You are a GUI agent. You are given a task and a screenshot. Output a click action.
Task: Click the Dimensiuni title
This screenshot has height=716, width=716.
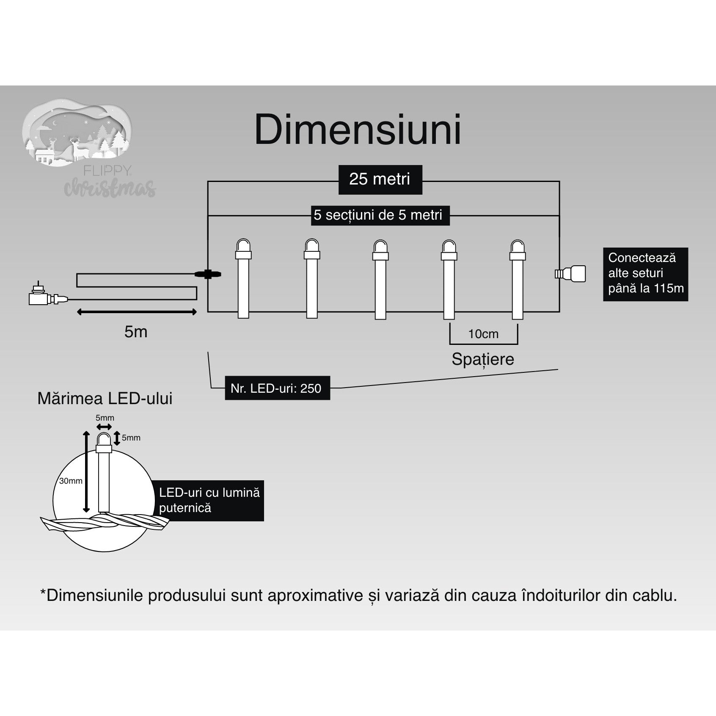(x=358, y=130)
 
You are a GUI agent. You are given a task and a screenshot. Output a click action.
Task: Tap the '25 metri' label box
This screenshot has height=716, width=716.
(x=380, y=179)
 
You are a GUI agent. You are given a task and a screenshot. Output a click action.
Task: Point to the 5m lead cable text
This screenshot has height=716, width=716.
(x=136, y=332)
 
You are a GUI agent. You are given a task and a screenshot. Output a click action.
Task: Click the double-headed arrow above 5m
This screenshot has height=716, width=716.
(x=137, y=312)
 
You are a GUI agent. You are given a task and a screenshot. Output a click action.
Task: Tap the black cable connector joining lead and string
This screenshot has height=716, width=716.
(x=208, y=274)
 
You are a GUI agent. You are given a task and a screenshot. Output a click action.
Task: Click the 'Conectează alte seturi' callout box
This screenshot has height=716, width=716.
(x=645, y=274)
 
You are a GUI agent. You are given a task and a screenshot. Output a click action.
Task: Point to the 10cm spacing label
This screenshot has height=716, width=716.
(x=483, y=334)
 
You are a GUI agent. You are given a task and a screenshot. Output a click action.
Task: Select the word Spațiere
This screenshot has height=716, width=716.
(x=482, y=359)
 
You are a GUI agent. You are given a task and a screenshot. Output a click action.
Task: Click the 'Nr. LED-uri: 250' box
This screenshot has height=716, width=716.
(x=277, y=388)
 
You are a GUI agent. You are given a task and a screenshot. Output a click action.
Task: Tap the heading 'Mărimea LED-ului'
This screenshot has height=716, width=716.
(x=105, y=399)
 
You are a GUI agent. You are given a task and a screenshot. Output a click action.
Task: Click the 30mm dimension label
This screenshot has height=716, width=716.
(x=71, y=481)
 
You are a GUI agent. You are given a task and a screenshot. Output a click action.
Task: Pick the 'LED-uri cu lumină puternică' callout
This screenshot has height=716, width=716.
(x=209, y=500)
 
